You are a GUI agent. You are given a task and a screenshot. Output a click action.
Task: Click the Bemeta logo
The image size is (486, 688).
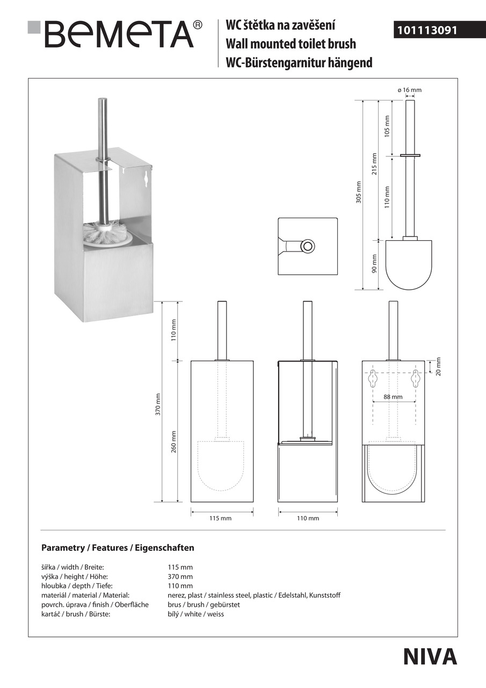point(115,34)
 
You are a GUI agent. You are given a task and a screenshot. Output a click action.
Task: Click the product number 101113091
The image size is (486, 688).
point(427,31)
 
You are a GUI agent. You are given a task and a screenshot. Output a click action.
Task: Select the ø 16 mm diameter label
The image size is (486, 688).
point(409,90)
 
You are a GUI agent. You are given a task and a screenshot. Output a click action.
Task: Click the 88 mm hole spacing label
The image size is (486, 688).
point(393,397)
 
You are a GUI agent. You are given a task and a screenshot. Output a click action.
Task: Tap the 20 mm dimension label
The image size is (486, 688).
point(438,367)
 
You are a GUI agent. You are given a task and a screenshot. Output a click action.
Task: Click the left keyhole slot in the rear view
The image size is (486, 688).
point(372,379)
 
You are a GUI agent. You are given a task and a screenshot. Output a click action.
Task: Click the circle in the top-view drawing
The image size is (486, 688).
point(307,246)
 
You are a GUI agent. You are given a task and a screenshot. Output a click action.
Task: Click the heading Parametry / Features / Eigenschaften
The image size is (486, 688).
point(118,548)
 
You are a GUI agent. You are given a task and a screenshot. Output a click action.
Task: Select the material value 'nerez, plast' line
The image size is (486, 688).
point(254,595)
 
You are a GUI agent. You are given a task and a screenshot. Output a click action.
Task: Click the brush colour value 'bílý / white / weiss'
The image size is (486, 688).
point(196,614)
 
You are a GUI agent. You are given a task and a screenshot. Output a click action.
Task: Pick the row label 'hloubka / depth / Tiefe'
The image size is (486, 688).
point(77,586)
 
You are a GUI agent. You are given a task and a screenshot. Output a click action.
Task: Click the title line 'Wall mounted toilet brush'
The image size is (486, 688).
point(291,44)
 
